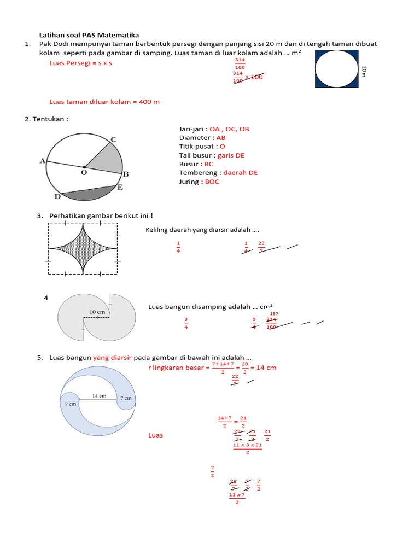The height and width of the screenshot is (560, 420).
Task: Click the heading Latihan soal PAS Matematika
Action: [89, 35]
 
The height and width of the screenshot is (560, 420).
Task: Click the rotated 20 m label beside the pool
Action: [364, 71]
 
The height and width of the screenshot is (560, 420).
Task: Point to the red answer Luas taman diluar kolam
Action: [104, 102]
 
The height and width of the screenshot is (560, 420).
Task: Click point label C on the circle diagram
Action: [113, 139]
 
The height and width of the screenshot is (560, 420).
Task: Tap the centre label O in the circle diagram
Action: [85, 172]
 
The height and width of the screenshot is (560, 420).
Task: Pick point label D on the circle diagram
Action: [57, 196]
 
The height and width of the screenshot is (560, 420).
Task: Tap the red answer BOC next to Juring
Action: [212, 182]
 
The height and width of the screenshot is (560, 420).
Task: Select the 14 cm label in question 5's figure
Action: [99, 395]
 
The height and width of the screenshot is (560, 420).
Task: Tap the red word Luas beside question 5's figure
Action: [156, 435]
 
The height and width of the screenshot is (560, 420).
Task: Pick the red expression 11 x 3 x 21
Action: [247, 445]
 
